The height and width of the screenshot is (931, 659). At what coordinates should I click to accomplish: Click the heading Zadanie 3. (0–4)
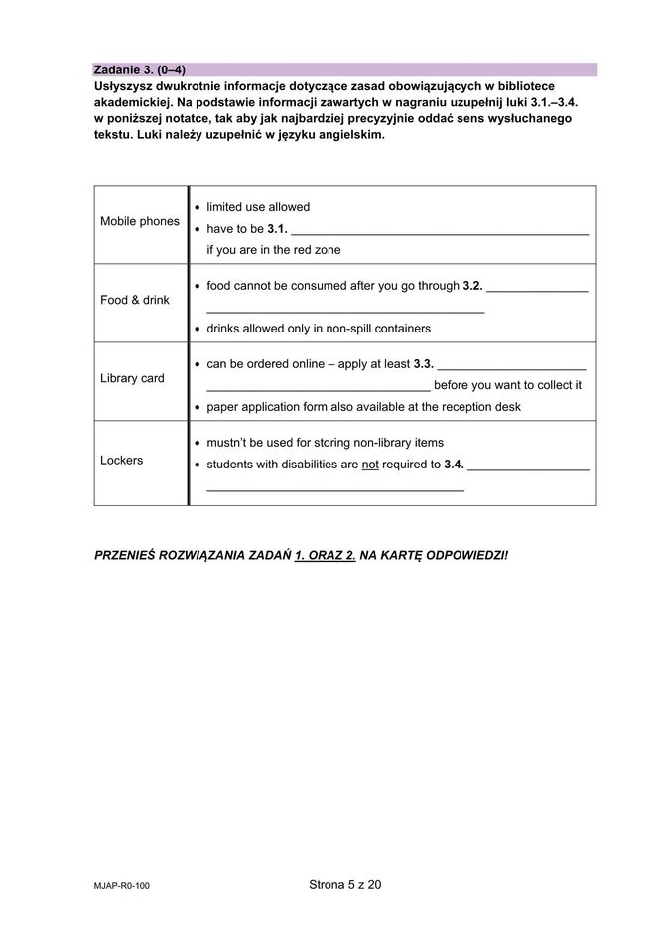pyautogui.click(x=139, y=69)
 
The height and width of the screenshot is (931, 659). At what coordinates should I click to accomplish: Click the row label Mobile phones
pyautogui.click(x=140, y=221)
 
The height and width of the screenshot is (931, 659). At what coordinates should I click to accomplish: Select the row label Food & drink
pyautogui.click(x=135, y=300)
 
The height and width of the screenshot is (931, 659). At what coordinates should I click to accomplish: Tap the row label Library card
pyautogui.click(x=132, y=378)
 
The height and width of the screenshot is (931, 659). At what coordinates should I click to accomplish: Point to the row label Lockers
pyautogui.click(x=121, y=461)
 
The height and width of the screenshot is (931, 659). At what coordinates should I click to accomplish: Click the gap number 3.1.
pyautogui.click(x=277, y=229)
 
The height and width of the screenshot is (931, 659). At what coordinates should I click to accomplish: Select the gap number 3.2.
pyautogui.click(x=472, y=286)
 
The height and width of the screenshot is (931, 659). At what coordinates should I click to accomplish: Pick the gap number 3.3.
pyautogui.click(x=424, y=364)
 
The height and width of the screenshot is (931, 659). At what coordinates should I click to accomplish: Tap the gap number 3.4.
pyautogui.click(x=454, y=465)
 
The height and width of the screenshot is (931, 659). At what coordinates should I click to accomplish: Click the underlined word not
pyautogui.click(x=370, y=465)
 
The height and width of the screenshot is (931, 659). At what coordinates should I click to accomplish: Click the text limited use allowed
pyautogui.click(x=258, y=207)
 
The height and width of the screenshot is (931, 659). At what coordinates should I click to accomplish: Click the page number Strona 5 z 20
pyautogui.click(x=344, y=885)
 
